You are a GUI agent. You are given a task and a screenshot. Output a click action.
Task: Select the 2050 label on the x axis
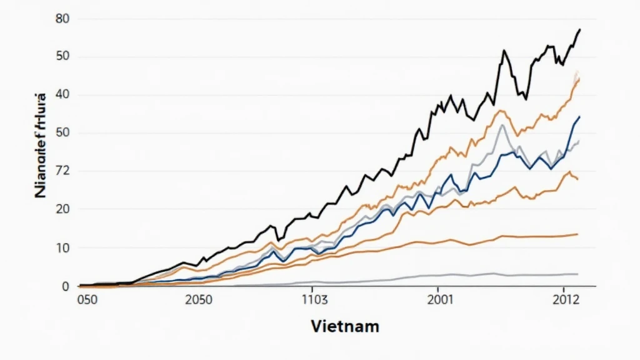(199, 299)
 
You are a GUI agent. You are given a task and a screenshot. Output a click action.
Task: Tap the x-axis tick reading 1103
(314, 299)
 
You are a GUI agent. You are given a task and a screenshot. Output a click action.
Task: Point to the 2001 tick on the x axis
(441, 299)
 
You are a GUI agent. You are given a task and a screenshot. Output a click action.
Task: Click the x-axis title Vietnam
(344, 326)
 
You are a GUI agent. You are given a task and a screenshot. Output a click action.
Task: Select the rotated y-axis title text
(42, 145)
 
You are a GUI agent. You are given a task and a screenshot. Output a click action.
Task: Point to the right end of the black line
(580, 30)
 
